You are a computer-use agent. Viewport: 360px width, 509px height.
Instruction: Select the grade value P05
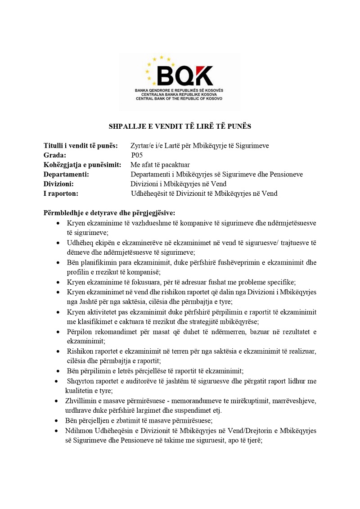137,155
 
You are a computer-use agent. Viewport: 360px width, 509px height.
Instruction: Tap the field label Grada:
55,155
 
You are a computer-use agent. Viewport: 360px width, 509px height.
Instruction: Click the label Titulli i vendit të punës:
81,145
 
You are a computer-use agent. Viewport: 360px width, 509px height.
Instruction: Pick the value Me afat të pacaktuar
160,165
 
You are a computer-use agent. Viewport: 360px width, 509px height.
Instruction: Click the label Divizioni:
58,184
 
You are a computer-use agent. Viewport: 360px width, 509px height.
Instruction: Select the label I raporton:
61,194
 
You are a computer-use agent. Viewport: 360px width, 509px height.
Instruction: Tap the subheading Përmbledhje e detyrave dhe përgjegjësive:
109,212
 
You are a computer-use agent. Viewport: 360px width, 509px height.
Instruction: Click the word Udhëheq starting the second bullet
79,243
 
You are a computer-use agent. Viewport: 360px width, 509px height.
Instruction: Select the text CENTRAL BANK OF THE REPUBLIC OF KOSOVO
179,98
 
